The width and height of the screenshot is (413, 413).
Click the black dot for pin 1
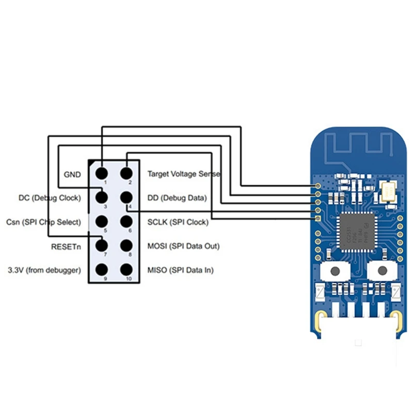102,173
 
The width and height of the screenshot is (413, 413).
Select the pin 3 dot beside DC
102,197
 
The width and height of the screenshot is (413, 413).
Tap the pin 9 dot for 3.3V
102,269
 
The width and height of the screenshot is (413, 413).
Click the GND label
72,174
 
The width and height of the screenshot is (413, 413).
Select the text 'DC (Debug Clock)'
50,198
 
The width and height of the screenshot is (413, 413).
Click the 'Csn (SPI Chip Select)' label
44,223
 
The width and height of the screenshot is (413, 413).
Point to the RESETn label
66,247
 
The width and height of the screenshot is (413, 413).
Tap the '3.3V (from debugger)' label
44,270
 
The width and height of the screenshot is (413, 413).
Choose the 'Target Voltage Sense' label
184,174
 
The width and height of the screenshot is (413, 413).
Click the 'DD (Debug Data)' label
177,198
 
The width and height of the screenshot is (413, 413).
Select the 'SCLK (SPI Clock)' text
178,223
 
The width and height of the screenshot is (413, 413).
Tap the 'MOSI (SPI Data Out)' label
183,246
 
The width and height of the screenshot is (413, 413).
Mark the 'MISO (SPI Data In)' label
180,270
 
